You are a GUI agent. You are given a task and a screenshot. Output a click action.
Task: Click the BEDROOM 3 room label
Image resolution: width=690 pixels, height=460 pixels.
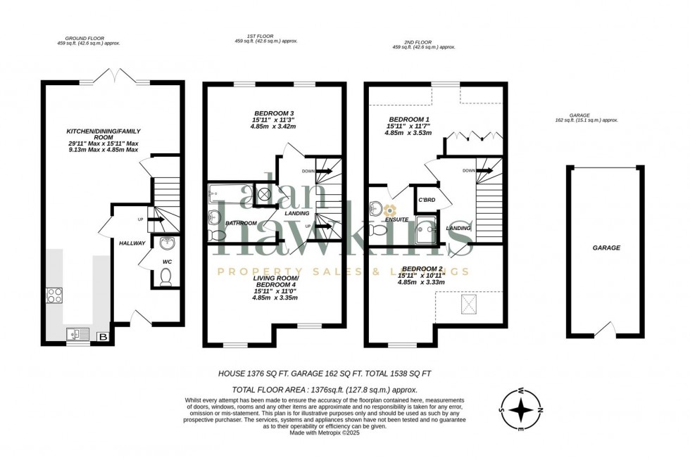[x=275, y=113]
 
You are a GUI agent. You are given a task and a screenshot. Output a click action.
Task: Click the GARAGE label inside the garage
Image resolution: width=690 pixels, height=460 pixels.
[x=606, y=248]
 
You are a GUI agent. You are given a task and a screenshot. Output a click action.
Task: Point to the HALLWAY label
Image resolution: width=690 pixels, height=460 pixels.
[x=132, y=243]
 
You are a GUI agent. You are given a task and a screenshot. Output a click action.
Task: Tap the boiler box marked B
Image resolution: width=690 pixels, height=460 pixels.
[x=103, y=338]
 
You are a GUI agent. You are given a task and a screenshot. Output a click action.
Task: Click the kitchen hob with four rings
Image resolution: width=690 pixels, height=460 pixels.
[x=54, y=295]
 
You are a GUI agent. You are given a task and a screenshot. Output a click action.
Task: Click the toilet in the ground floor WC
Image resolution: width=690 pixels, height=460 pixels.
[x=166, y=279]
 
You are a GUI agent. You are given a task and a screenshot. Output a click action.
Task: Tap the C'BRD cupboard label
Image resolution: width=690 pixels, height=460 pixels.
[x=427, y=199]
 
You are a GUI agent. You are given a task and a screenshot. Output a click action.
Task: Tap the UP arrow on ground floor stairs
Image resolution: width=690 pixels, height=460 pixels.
[x=156, y=219]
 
